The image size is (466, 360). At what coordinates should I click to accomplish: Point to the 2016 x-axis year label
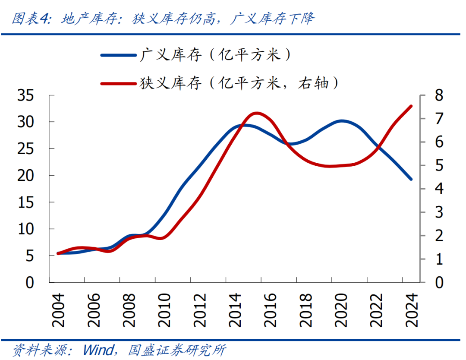(269, 310)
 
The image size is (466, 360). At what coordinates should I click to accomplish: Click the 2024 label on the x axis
(411, 310)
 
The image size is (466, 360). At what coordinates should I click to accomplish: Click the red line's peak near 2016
(257, 114)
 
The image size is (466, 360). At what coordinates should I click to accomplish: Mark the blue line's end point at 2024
(411, 179)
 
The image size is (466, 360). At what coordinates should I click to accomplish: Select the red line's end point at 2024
(411, 106)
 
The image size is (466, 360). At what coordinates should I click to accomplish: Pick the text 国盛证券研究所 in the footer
(177, 349)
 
